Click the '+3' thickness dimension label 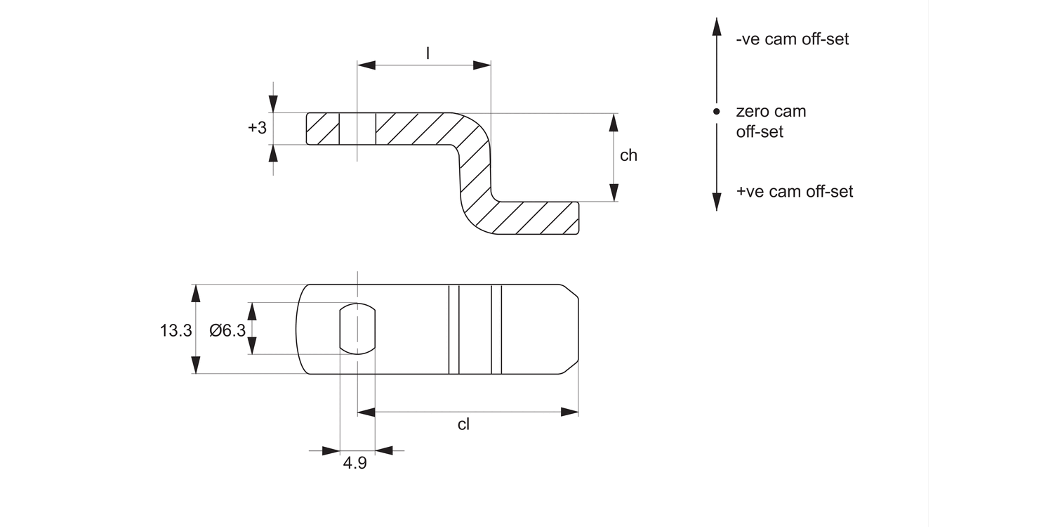tap(257, 128)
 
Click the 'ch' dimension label tap(628, 155)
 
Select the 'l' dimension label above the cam tap(428, 52)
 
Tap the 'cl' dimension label tap(463, 424)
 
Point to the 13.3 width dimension tap(175, 330)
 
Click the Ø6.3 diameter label tap(227, 330)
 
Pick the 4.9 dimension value tap(355, 464)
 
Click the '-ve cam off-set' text tap(793, 39)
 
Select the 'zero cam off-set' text tap(771, 121)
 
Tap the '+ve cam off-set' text tap(795, 192)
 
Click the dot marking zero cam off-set tap(716, 112)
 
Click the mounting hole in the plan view tap(357, 329)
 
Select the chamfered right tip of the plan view tap(572, 329)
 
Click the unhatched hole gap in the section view tap(357, 129)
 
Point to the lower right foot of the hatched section tap(541, 218)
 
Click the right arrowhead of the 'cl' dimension tap(569, 412)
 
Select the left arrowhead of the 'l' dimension tap(366, 65)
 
